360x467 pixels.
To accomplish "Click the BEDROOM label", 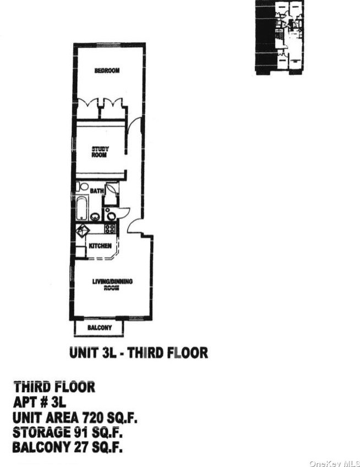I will (x=107, y=70).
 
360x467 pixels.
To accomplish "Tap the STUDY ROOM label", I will (x=100, y=152).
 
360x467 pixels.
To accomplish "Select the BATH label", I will (x=97, y=191).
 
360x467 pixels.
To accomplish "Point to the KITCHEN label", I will (x=100, y=246).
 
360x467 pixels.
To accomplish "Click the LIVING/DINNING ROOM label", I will (x=112, y=284).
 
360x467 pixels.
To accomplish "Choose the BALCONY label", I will (x=100, y=328).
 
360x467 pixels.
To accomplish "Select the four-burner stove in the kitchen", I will (x=110, y=228).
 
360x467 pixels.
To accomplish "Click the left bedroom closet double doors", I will (x=88, y=103).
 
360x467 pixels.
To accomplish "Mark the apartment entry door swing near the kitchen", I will (x=134, y=226).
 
